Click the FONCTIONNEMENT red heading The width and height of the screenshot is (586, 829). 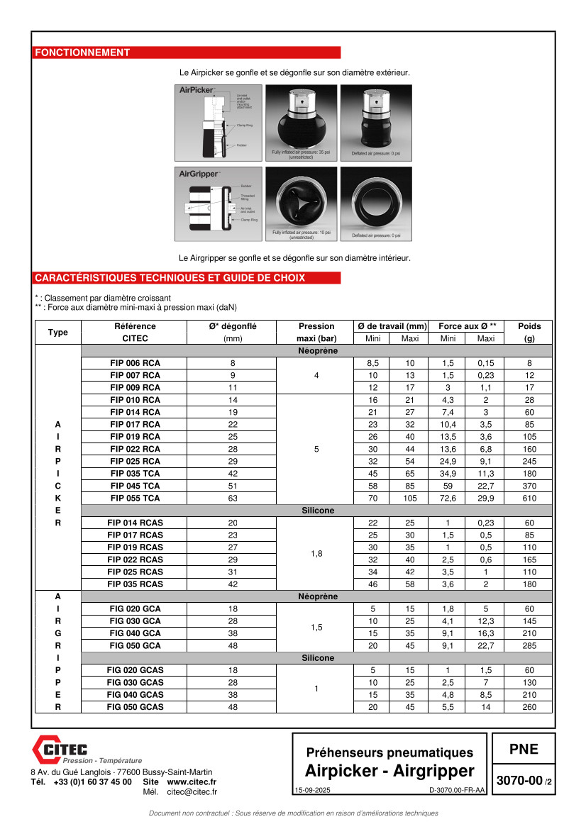pyautogui.click(x=82, y=52)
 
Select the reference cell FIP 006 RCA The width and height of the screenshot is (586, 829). pyautogui.click(x=135, y=363)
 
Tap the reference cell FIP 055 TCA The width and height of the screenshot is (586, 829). pyautogui.click(x=135, y=498)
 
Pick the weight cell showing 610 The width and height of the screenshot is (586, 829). pyautogui.click(x=529, y=498)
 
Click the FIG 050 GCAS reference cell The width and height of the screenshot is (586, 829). pyautogui.click(x=135, y=707)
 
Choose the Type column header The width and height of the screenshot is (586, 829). pyautogui.click(x=58, y=332)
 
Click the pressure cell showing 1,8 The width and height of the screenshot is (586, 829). pyautogui.click(x=316, y=553)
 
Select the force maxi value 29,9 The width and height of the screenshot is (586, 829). pyautogui.click(x=485, y=498)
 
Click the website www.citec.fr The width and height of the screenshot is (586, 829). pyautogui.click(x=192, y=781)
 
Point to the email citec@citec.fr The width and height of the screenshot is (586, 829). pyautogui.click(x=192, y=792)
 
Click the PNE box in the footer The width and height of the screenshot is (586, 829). pyautogui.click(x=524, y=750)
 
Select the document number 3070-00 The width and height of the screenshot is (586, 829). pyautogui.click(x=519, y=781)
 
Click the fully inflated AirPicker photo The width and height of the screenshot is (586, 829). pyautogui.click(x=302, y=122)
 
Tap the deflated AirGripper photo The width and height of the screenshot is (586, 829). pyautogui.click(x=376, y=204)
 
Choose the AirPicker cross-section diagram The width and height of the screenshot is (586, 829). pyautogui.click(x=219, y=122)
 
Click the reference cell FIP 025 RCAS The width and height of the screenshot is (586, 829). pyautogui.click(x=135, y=572)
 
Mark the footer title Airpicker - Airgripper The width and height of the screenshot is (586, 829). pyautogui.click(x=389, y=771)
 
